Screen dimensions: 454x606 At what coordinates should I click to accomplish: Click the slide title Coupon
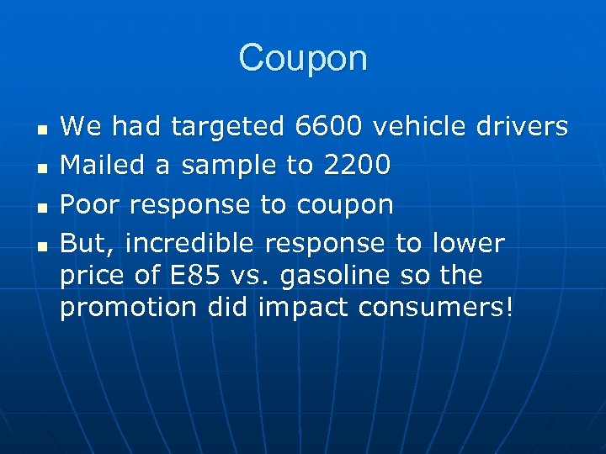click(303, 59)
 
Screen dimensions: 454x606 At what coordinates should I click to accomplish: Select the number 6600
click(329, 127)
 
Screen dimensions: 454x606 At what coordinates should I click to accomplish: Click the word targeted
click(228, 128)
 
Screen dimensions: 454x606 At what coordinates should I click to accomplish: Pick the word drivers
click(518, 127)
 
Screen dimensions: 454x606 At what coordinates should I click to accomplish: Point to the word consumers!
click(435, 308)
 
